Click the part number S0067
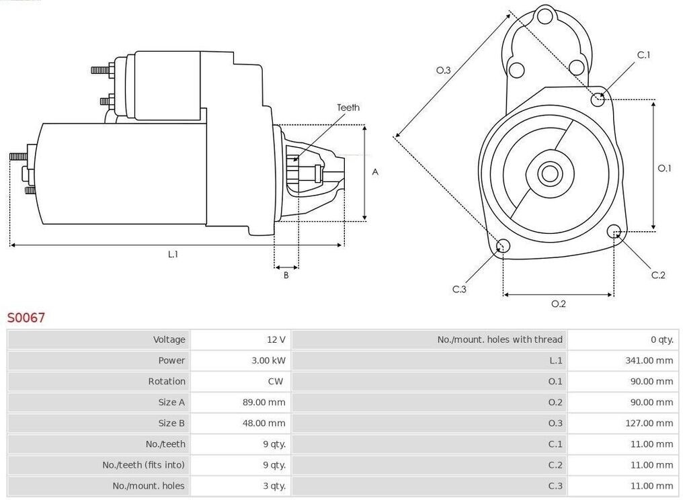(26, 317)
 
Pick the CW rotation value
(276, 381)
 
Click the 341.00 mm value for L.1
(649, 360)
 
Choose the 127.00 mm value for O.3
(649, 423)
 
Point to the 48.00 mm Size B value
(264, 423)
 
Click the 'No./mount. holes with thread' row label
(500, 339)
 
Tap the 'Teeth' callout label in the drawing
(348, 108)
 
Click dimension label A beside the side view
(375, 172)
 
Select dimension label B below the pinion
(286, 276)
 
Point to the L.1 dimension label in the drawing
(173, 254)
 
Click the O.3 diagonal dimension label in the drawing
(444, 70)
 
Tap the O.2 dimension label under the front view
(559, 304)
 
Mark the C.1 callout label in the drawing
(644, 55)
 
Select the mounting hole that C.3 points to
(503, 246)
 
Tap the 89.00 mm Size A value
(264, 402)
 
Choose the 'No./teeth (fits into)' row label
(144, 465)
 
